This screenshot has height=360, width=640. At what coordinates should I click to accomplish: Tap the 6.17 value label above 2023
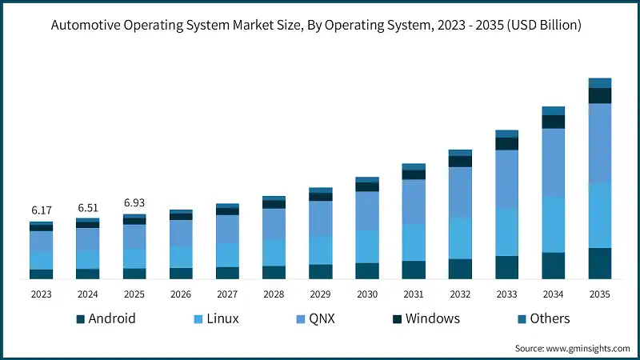[41, 210]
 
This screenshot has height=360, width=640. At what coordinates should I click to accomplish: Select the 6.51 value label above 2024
[87, 207]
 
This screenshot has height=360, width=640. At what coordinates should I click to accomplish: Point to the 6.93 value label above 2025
[134, 203]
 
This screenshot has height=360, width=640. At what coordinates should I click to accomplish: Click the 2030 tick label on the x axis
[367, 294]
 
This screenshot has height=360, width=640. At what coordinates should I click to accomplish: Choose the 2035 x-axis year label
[600, 294]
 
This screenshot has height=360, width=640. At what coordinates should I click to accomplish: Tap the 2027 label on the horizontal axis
[227, 294]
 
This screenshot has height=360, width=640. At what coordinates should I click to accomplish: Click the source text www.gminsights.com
[570, 349]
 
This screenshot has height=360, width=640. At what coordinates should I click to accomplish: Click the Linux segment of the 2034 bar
[554, 224]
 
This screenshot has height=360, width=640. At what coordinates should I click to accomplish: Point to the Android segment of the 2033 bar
[506, 267]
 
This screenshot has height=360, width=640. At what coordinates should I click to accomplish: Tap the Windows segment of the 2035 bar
[600, 95]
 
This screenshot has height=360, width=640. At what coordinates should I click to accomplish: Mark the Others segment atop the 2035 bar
[600, 82]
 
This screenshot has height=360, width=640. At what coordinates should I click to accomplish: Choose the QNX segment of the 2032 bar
[460, 191]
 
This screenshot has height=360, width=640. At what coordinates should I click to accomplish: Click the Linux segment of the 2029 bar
[320, 250]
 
